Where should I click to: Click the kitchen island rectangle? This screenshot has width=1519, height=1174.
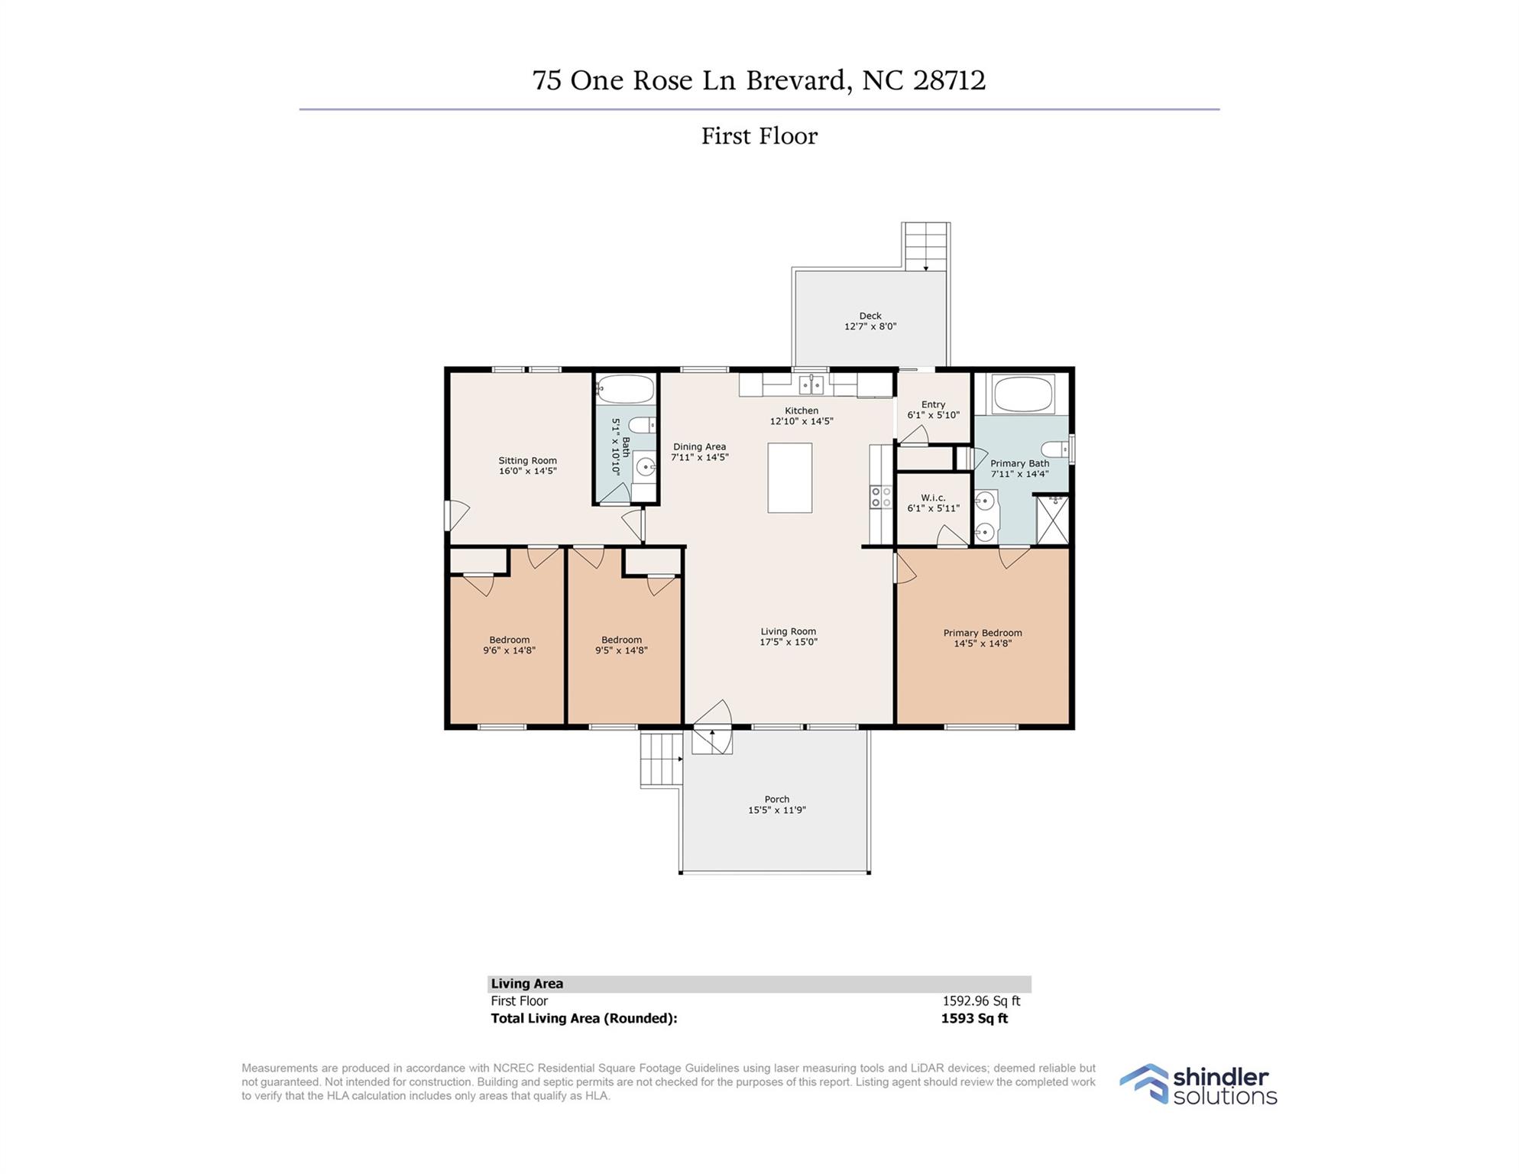click(x=789, y=478)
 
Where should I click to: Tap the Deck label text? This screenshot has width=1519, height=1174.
click(x=870, y=316)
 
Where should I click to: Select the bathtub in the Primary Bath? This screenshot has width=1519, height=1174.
click(x=1023, y=394)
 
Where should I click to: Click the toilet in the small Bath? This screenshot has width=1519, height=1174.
click(x=643, y=425)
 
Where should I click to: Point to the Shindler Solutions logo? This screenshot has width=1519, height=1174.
click(x=1198, y=1085)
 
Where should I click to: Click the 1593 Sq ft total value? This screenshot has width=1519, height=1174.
click(x=974, y=1018)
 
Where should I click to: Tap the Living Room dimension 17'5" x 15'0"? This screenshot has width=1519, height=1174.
click(x=788, y=642)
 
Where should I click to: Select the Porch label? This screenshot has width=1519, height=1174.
click(x=777, y=799)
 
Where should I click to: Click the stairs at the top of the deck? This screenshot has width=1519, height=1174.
click(x=926, y=246)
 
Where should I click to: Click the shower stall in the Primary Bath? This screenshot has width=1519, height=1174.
click(x=1052, y=520)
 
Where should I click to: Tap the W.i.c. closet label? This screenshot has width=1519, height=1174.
click(x=933, y=498)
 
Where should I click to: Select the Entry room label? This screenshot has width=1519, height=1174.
click(x=933, y=404)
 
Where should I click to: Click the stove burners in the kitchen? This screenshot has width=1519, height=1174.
click(x=881, y=497)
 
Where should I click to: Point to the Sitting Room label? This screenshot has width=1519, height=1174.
click(x=527, y=460)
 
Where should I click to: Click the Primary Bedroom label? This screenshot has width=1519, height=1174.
click(x=983, y=633)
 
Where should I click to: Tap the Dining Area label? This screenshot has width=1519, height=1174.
click(x=699, y=446)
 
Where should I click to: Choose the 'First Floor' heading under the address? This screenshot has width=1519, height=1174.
click(x=759, y=136)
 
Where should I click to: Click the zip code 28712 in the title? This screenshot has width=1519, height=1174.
click(x=950, y=80)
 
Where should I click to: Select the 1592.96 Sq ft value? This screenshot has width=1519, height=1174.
click(x=981, y=1000)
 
